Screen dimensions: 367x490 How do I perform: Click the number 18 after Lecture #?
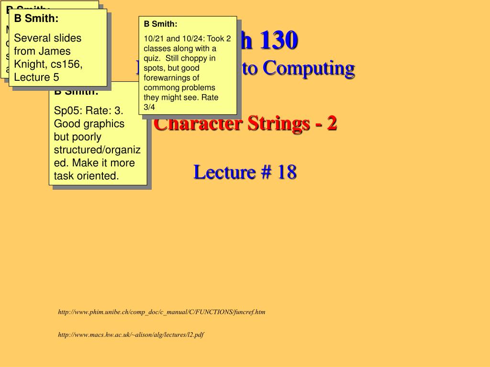click(287, 172)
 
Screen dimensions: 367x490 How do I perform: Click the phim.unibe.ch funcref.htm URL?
click(162, 312)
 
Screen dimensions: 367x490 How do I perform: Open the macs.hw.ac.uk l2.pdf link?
click(131, 335)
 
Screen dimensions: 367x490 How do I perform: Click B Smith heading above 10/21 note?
click(160, 24)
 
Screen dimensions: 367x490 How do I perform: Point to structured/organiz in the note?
click(97, 150)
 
